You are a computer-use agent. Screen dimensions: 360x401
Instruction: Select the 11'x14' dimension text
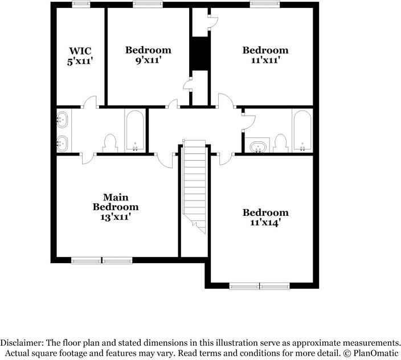pos(265,223)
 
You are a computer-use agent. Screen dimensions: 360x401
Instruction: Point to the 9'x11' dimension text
pos(148,60)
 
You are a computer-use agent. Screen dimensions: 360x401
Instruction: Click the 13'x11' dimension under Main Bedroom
pos(116,217)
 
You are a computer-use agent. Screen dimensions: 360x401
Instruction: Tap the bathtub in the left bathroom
pos(135,131)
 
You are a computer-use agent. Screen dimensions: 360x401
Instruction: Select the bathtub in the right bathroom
pos(302,131)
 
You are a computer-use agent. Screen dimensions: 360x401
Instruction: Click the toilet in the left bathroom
pos(110,142)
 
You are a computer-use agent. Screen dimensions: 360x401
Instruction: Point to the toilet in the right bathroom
pos(280,141)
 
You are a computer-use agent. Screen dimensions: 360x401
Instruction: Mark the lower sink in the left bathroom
pos(63,142)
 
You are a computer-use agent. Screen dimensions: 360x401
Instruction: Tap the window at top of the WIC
pos(80,5)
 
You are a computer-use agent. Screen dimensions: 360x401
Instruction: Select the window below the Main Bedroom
pos(102,261)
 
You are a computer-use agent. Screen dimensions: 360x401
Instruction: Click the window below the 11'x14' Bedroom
pos(260,286)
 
